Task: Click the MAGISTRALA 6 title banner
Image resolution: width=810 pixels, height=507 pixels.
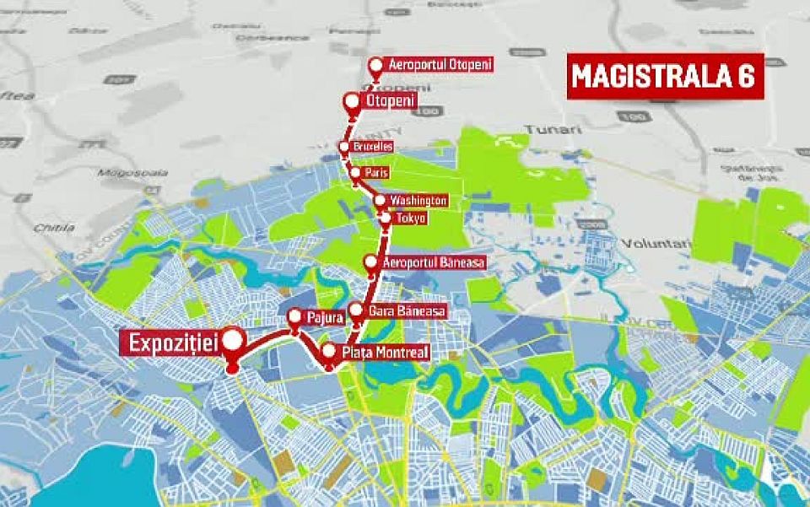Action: (x=664, y=75)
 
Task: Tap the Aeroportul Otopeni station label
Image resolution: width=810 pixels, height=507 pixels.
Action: (x=439, y=64)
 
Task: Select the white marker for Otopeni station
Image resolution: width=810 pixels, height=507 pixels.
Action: (x=351, y=101)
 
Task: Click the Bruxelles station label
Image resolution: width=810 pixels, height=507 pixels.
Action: (x=372, y=147)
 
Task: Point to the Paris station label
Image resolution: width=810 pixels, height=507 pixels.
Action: (x=375, y=173)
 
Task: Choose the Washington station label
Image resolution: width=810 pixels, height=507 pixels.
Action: (x=418, y=201)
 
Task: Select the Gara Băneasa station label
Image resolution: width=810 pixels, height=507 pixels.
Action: (x=407, y=311)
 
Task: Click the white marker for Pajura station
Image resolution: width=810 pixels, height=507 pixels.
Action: (x=294, y=317)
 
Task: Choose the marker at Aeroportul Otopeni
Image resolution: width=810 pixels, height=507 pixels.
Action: (x=377, y=64)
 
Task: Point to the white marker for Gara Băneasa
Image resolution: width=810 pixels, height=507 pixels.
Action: (x=355, y=310)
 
